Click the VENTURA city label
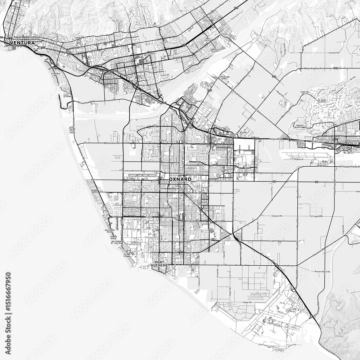[x=22, y=43]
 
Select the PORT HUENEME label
[x=161, y=264]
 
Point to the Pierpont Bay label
[x=56, y=75]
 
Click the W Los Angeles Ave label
[x=313, y=68]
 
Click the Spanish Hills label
[x=301, y=126]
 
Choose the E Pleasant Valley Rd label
[x=350, y=167]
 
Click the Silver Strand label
[x=127, y=256]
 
